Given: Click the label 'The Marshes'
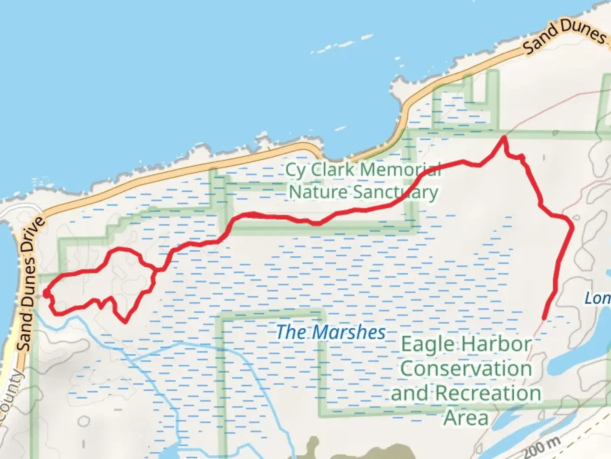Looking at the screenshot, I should (331, 332).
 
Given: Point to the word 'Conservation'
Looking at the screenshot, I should (466, 368).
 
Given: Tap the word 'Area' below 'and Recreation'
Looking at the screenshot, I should (466, 418).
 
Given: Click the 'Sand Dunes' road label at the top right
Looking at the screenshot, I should (564, 37).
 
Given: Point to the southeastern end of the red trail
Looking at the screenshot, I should (544, 318).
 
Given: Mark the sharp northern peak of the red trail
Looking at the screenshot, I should (504, 137).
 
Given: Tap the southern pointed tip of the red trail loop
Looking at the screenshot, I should (125, 322).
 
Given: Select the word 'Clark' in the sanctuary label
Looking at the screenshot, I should (332, 170).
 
